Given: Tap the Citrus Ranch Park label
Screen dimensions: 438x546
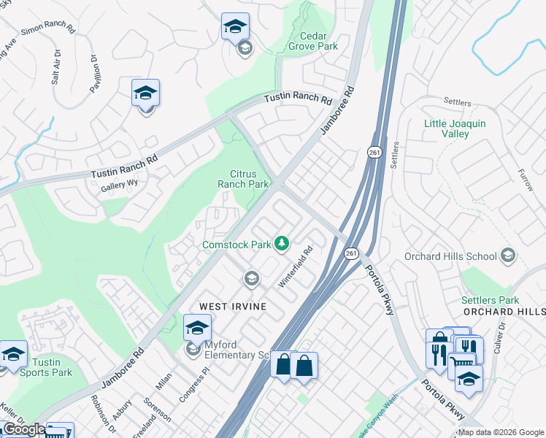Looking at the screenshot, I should coord(245,179).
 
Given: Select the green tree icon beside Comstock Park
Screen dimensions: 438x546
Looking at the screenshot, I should coord(282,244).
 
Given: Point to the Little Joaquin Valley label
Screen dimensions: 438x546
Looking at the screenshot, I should coord(455,128).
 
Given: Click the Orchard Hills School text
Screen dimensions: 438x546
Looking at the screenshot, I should coord(452,256).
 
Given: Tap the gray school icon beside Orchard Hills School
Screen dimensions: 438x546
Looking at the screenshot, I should coord(508,256).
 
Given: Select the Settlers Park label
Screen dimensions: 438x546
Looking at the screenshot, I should coord(490,300).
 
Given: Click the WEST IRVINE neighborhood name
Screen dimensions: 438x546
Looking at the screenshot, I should coord(228,306).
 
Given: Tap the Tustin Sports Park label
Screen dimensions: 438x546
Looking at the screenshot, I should coord(52,367).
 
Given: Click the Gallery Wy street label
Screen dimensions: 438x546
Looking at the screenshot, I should coord(120,187).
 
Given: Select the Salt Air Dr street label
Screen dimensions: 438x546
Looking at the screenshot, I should coord(56,67).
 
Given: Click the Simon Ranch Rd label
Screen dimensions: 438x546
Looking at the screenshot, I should coord(48,30).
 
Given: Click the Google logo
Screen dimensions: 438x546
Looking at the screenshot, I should coord(23,429).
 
